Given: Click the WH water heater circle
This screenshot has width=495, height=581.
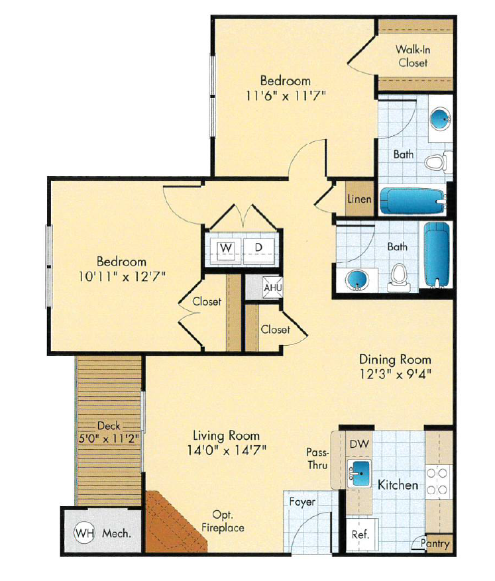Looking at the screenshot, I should pyautogui.click(x=83, y=532).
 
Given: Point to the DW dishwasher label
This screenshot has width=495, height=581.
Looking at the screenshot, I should pyautogui.click(x=358, y=443).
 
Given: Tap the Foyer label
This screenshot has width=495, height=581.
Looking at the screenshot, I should pyautogui.click(x=302, y=502).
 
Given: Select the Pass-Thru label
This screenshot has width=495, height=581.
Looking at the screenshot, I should pyautogui.click(x=317, y=458).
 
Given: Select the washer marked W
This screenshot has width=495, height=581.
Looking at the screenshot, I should pyautogui.click(x=227, y=248).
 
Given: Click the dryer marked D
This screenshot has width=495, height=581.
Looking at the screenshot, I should pyautogui.click(x=260, y=248).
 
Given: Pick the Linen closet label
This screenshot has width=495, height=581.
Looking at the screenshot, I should pyautogui.click(x=359, y=199).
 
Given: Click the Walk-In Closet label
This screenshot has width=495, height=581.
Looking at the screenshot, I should pyautogui.click(x=412, y=56).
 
